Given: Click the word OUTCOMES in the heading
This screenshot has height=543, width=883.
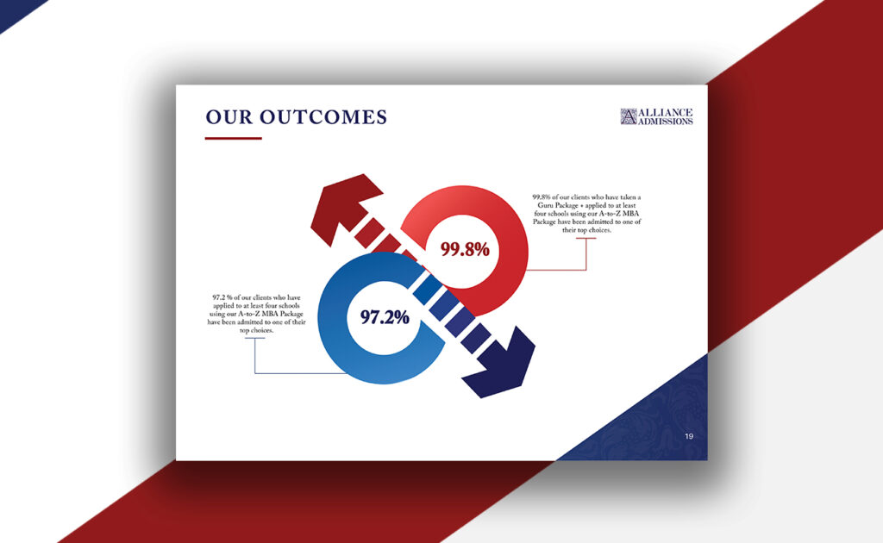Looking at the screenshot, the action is click(323, 117).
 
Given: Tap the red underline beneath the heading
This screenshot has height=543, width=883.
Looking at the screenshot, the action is click(233, 138).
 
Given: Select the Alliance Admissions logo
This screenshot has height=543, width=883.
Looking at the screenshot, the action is click(656, 116).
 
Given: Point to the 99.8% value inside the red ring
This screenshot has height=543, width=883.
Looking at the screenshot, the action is click(465, 249).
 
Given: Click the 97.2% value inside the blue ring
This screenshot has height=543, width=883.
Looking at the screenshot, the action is click(385, 317).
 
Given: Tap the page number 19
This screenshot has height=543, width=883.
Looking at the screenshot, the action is click(689, 436).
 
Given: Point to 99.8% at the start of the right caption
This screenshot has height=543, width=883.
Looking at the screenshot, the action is click(542, 197).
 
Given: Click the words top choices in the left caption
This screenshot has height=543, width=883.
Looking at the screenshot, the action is click(257, 330).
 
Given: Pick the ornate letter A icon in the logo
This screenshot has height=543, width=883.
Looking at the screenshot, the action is click(629, 116).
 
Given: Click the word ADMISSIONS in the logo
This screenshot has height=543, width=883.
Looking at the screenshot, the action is click(666, 122).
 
